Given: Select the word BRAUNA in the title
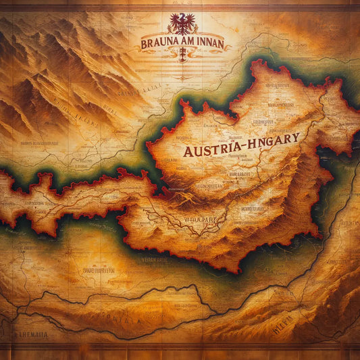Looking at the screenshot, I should point(160,44).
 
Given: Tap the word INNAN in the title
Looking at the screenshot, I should point(209,44).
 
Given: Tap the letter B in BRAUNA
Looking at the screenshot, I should point(145,44).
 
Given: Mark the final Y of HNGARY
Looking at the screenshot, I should point(295,136).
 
